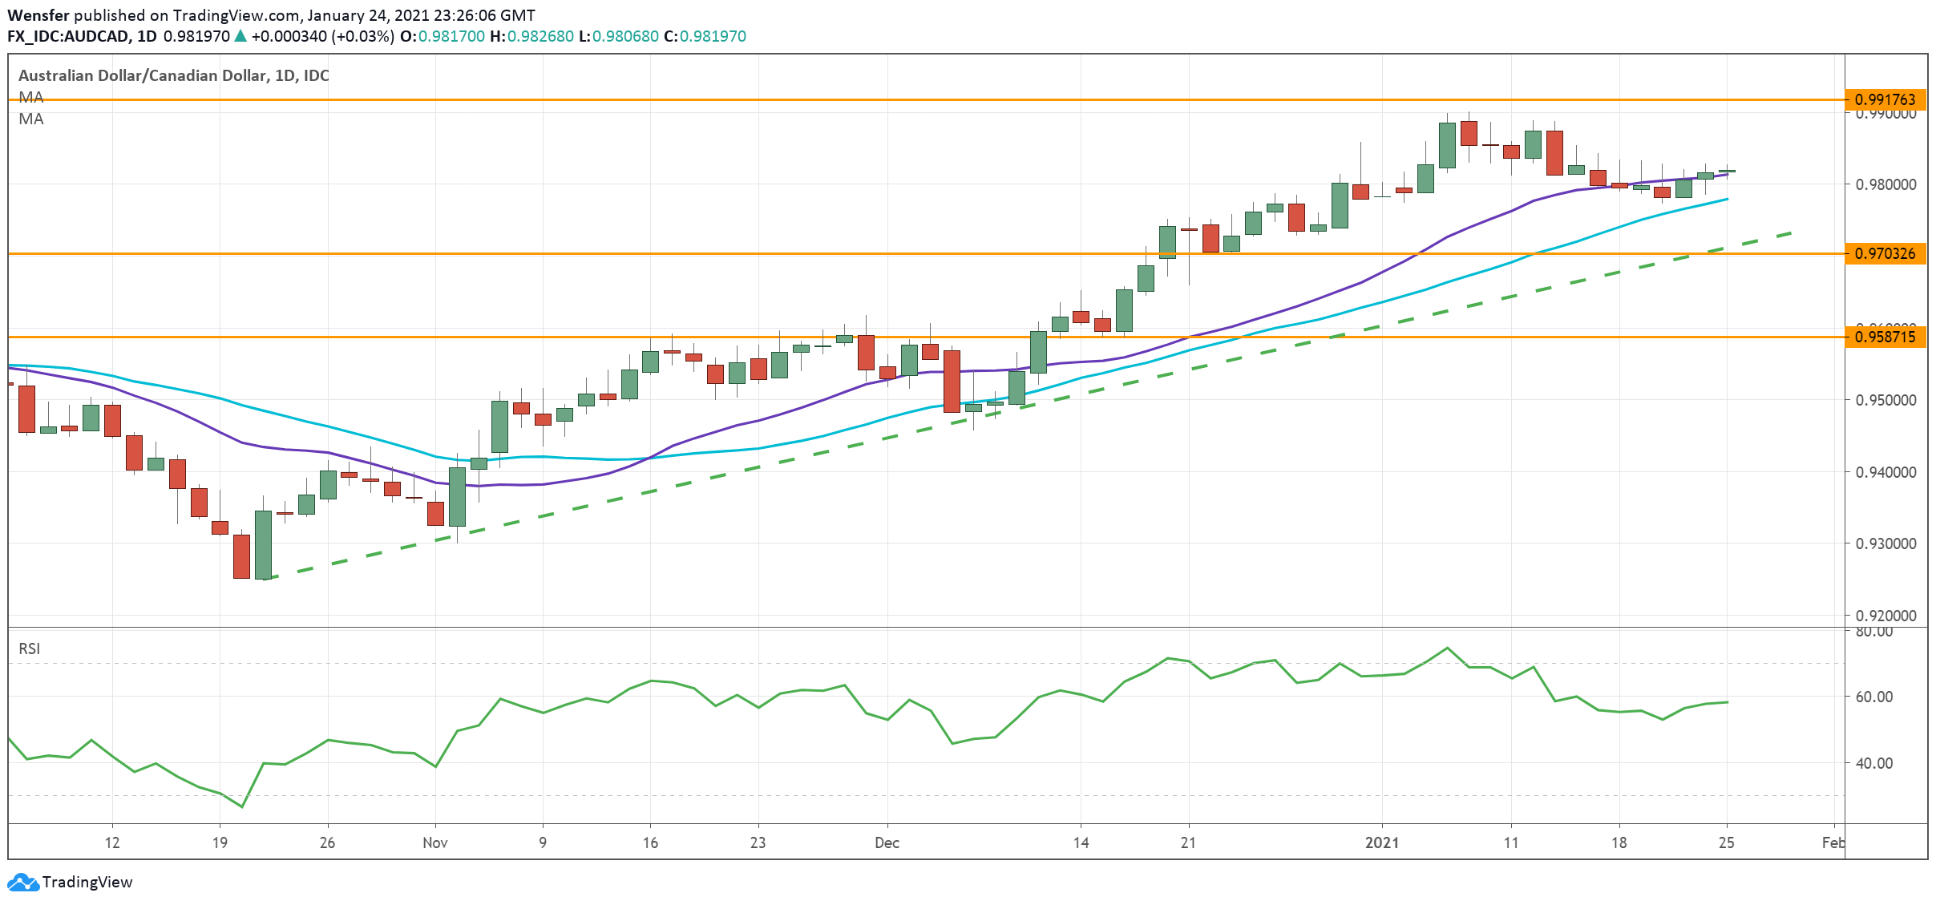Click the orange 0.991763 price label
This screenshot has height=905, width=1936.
(1885, 99)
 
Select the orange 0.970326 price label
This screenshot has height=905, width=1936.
(1885, 253)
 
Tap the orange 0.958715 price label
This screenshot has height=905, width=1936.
(1885, 337)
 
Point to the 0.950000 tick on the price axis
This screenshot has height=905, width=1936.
(1885, 400)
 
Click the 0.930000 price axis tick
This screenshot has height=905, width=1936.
(1885, 543)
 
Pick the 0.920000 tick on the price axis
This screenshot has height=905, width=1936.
(1885, 616)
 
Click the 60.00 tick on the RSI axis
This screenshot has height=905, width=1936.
(1873, 697)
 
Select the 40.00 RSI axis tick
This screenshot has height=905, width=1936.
(1873, 763)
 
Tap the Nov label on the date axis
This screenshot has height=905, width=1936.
(434, 842)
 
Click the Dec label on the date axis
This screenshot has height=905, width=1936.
(887, 842)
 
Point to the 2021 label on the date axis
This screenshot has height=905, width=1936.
(1381, 842)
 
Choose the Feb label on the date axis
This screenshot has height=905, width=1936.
(1833, 842)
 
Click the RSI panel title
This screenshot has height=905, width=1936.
(29, 648)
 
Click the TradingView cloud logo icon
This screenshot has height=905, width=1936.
(22, 882)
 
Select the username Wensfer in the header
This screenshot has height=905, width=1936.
(38, 15)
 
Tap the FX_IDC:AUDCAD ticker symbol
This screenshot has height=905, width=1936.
(67, 36)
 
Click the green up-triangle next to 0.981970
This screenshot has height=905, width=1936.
(240, 36)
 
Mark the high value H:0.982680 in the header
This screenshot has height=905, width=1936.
(531, 36)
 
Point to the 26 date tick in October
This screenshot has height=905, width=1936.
(327, 842)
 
